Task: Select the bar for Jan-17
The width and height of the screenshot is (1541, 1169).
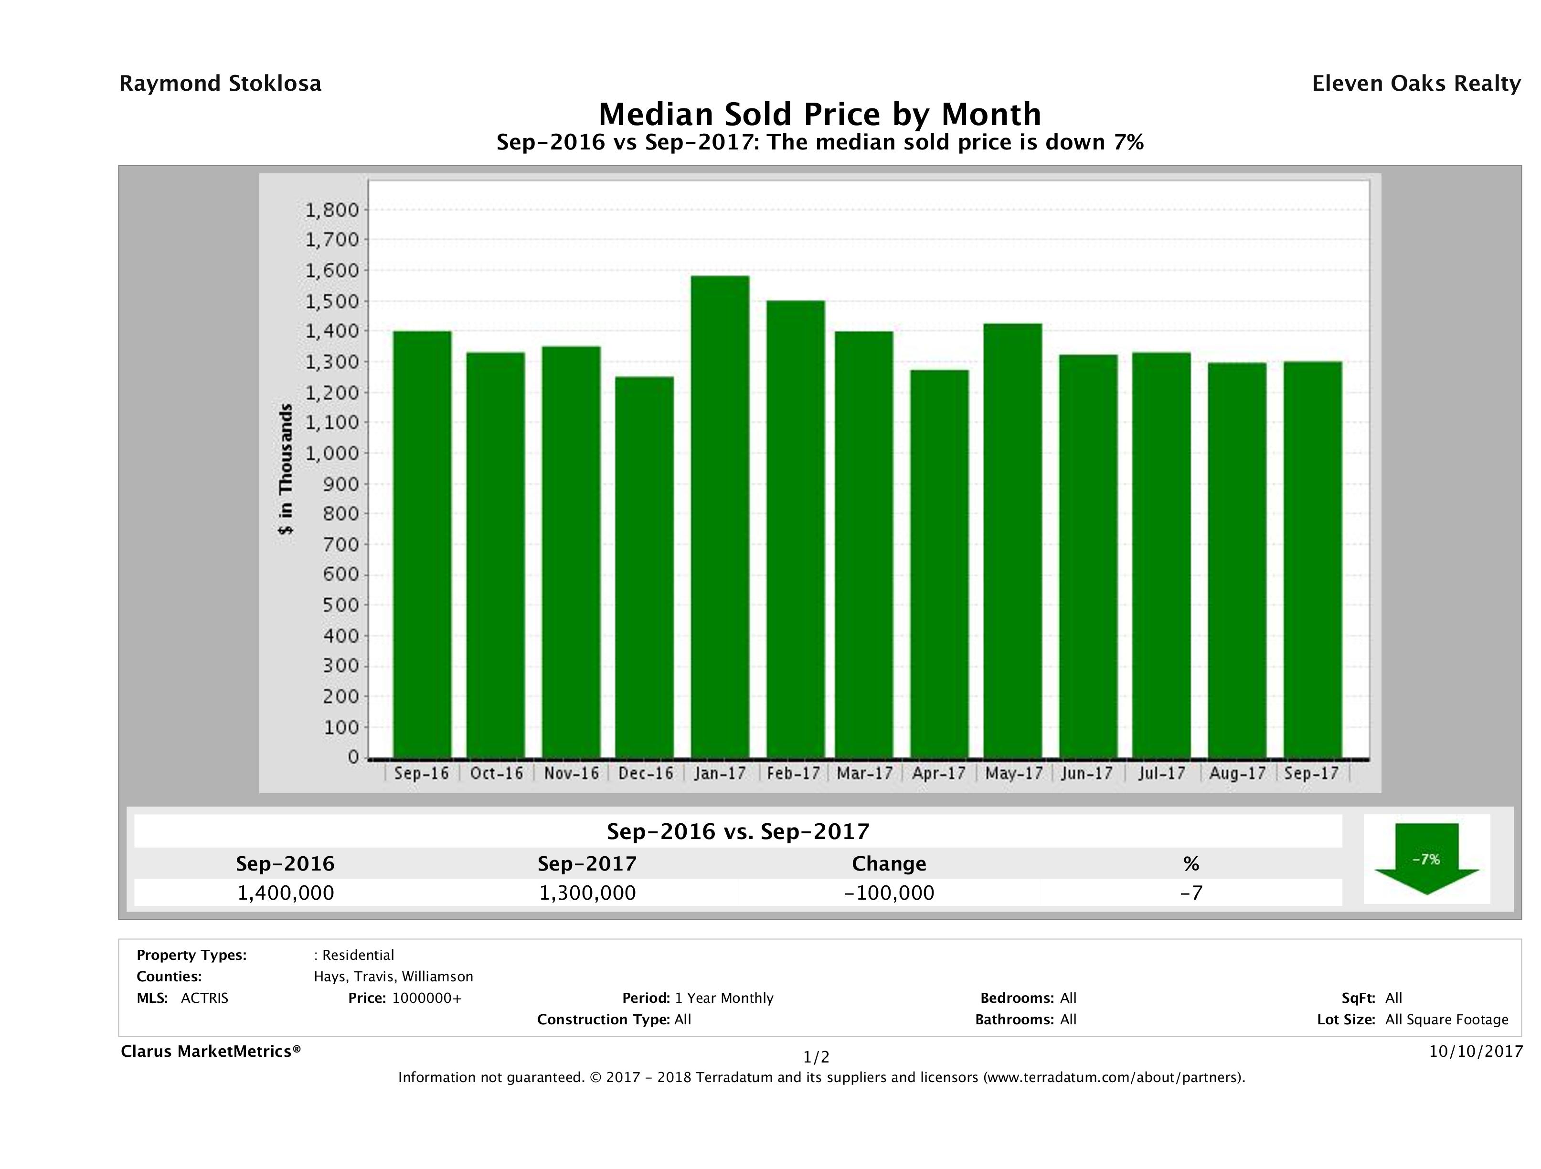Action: (x=720, y=516)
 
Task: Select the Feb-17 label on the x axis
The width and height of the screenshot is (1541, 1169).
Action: (x=794, y=773)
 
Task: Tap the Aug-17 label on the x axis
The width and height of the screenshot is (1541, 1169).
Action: (x=1237, y=773)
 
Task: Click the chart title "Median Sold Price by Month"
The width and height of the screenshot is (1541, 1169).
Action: (x=819, y=114)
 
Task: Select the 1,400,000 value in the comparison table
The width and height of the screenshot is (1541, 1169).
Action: (x=286, y=893)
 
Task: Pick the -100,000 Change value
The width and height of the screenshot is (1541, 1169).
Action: (x=889, y=893)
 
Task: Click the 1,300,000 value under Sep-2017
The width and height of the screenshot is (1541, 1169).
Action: (x=587, y=893)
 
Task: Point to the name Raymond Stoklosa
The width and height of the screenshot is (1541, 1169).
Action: (x=220, y=84)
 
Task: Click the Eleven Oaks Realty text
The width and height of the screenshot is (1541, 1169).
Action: (x=1415, y=84)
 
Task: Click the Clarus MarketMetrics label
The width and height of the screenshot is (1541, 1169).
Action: (x=211, y=1051)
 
